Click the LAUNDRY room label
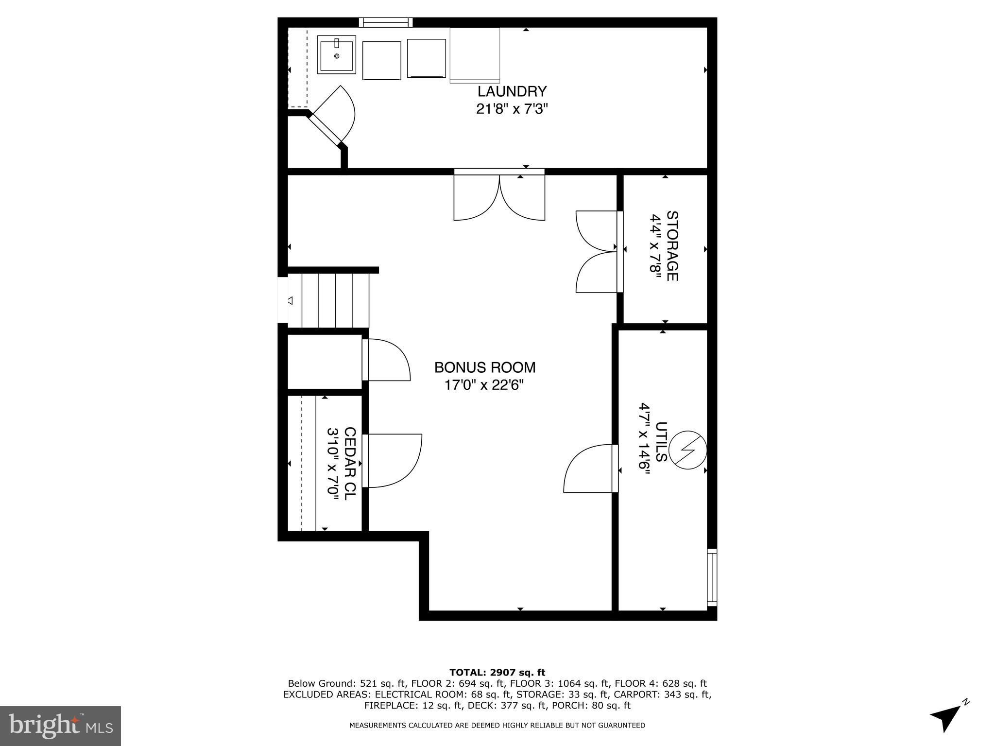pyautogui.click(x=512, y=91)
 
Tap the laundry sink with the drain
pyautogui.click(x=336, y=54)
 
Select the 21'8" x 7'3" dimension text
pyautogui.click(x=512, y=109)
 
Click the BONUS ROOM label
pyautogui.click(x=484, y=367)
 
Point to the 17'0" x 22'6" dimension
pyautogui.click(x=484, y=385)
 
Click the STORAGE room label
pyautogui.click(x=672, y=246)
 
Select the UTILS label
pyautogui.click(x=661, y=442)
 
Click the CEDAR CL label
pyautogui.click(x=350, y=461)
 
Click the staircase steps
pyautogui.click(x=335, y=300)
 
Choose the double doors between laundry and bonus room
pyautogui.click(x=499, y=197)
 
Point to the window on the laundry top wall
pyautogui.click(x=386, y=22)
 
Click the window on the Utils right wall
pyautogui.click(x=712, y=577)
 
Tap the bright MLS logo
pyautogui.click(x=60, y=726)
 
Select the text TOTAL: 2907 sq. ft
pyautogui.click(x=497, y=673)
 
